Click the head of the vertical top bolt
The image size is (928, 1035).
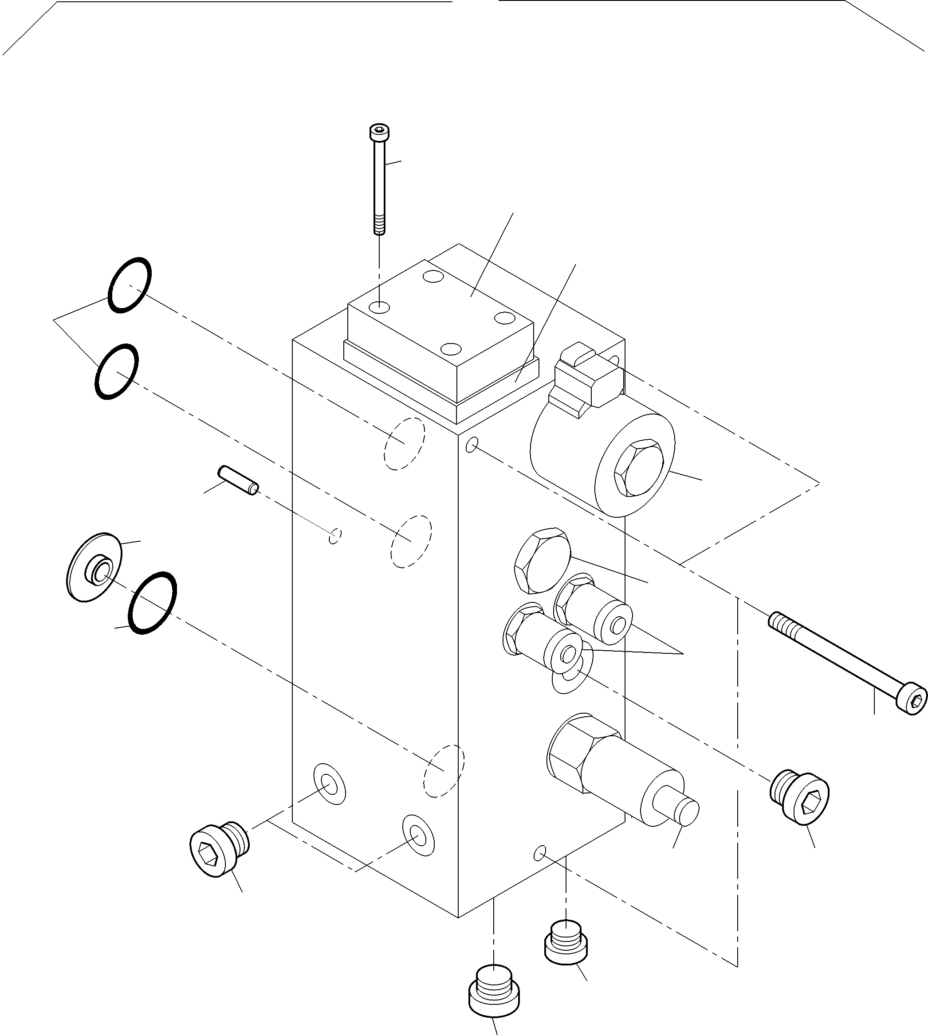[378, 133]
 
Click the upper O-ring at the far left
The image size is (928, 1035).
[130, 285]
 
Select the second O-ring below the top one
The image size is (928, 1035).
[116, 371]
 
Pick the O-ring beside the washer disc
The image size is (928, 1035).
[153, 603]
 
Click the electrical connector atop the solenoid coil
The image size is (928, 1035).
[586, 379]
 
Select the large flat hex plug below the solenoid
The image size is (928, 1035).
[543, 560]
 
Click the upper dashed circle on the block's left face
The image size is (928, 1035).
[405, 443]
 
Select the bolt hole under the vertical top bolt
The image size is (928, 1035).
[380, 307]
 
